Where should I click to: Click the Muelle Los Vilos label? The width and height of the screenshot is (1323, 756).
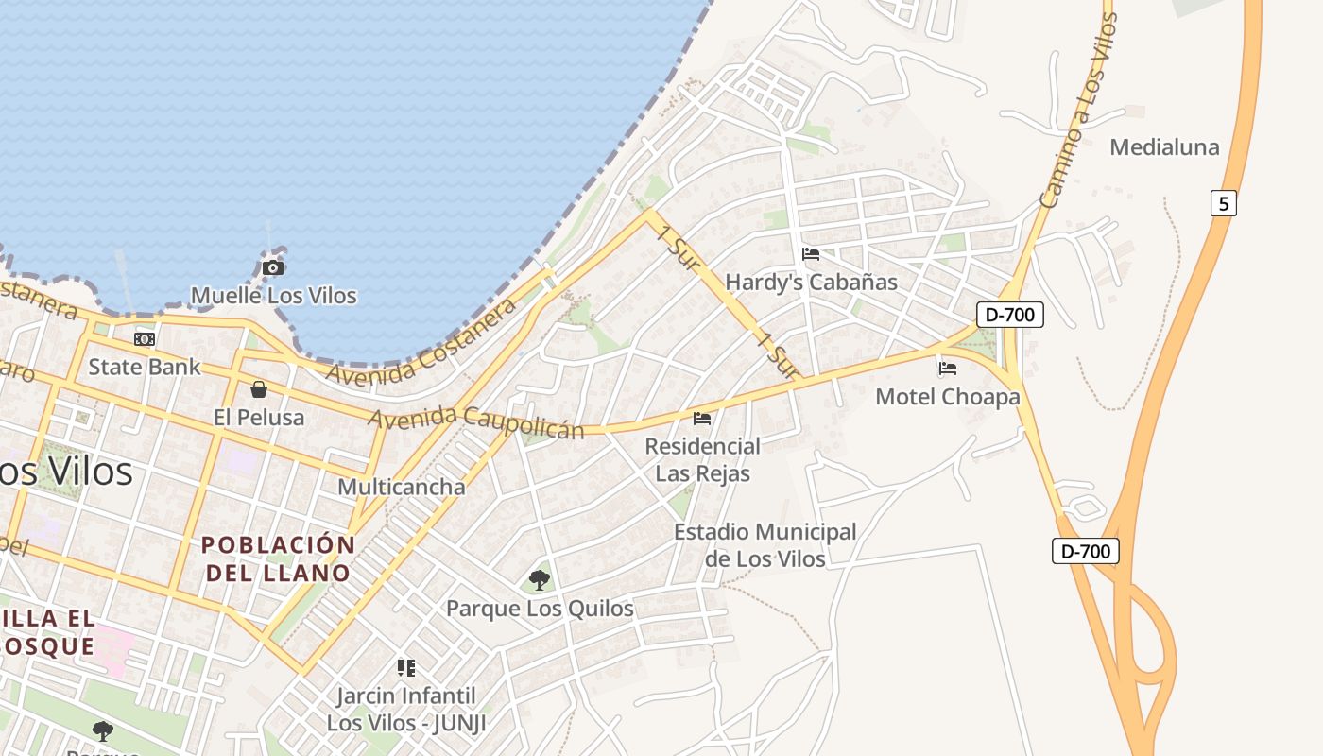click(274, 296)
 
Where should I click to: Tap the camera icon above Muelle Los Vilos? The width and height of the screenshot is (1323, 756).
click(273, 267)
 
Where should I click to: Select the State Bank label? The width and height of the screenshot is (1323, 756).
click(145, 367)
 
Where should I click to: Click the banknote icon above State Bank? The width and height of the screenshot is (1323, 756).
click(145, 338)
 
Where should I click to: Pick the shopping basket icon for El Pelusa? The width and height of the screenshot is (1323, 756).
click(258, 389)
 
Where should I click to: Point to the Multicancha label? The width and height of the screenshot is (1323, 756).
click(402, 488)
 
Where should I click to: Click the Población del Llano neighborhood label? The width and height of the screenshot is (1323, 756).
click(278, 558)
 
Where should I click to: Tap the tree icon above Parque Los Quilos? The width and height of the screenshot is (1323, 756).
click(540, 579)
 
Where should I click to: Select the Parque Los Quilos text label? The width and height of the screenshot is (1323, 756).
click(540, 609)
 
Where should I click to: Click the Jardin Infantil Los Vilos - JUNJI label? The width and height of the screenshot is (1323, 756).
click(406, 710)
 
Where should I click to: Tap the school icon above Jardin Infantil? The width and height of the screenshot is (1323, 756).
click(406, 668)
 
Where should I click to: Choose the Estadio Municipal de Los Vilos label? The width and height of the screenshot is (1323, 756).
click(765, 545)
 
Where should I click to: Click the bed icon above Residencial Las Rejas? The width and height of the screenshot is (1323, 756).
click(702, 418)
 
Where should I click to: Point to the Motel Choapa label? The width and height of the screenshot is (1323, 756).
click(948, 397)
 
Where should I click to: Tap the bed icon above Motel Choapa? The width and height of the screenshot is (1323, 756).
click(948, 369)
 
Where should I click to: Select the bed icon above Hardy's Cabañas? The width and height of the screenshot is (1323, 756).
click(811, 253)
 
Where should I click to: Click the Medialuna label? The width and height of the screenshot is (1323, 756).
click(1164, 147)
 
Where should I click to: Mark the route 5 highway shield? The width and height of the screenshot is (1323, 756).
click(1223, 203)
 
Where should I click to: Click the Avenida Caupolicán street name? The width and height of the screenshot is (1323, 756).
click(477, 422)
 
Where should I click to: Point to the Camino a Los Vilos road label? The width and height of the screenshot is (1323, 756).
click(1077, 111)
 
